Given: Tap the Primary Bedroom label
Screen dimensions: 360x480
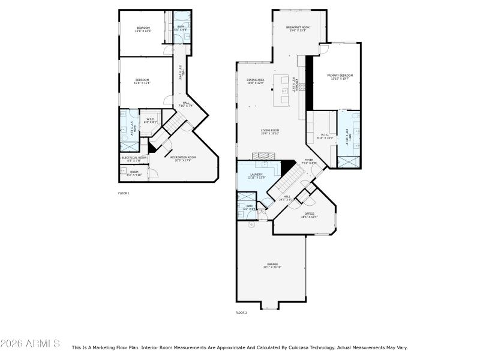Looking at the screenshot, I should coord(340,76).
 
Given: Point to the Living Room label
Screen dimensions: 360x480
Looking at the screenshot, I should coord(271,131).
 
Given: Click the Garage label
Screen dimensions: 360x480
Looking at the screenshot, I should coord(272,265).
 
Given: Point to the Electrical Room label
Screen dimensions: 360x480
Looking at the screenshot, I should coord(134,158).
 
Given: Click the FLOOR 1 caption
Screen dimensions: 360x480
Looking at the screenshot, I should coord(124,193).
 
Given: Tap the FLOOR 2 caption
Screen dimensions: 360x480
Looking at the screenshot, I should coord(241,313).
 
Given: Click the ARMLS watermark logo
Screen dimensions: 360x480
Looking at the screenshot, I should coord(30,344).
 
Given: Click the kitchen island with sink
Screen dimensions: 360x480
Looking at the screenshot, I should coord(281,90).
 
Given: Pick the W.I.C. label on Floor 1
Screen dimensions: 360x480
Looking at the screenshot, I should coord(151,120).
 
